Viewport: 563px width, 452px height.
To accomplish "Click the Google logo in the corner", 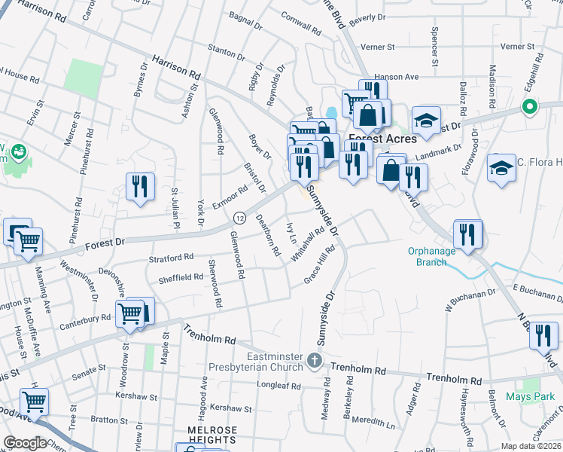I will click(25, 443).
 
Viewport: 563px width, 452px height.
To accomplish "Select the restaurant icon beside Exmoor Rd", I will click(140, 186).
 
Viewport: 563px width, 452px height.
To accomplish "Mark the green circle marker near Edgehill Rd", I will click(529, 107).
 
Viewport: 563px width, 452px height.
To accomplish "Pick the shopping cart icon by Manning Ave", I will click(29, 243).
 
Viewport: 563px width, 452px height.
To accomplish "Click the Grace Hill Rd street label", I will click(318, 269).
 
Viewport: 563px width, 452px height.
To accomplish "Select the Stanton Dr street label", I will click(225, 52).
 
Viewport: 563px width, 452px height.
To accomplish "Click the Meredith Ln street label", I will click(375, 423).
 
